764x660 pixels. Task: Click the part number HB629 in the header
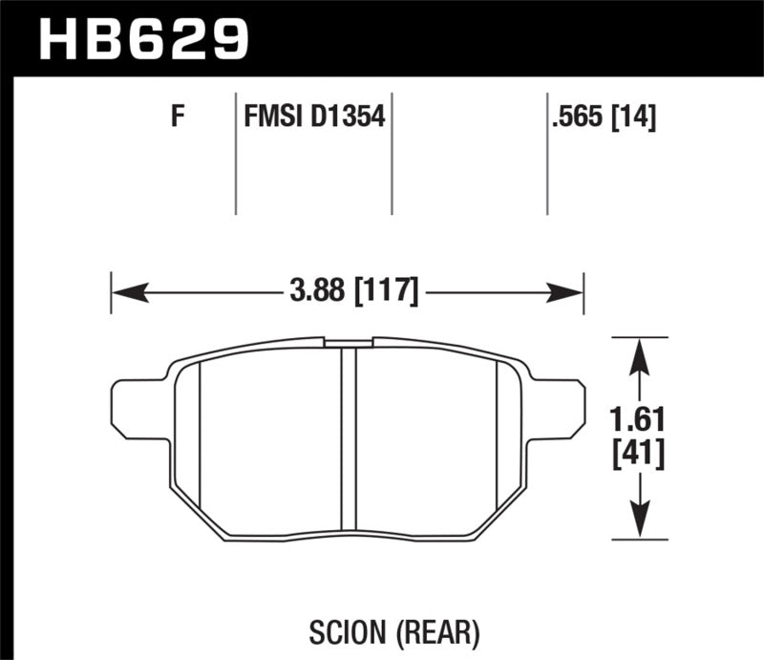pos(142,38)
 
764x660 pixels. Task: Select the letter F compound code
pos(177,118)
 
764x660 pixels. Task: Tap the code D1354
pos(348,118)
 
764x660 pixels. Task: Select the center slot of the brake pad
pos(349,439)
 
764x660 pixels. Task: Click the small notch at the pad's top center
pos(349,342)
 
